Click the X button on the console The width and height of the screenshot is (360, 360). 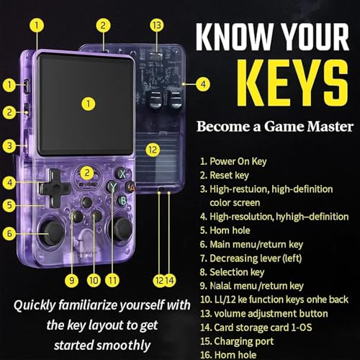click(122, 174)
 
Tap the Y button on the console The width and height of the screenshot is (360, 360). click(112, 186)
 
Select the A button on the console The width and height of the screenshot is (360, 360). click(130, 186)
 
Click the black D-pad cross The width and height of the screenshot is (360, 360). click(55, 188)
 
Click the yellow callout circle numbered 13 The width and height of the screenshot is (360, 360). click(157, 25)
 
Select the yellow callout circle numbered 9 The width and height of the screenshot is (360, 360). click(71, 280)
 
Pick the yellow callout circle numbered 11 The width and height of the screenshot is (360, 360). click(112, 280)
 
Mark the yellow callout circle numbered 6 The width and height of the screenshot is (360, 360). click(9, 233)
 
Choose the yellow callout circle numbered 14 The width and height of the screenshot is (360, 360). click(169, 280)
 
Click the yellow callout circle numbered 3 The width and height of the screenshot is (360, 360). click(9, 145)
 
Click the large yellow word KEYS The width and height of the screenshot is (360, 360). click(292, 83)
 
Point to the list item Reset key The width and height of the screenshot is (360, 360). click(225, 175)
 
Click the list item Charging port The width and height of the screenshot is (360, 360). click(237, 341)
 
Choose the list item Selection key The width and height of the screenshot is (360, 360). click(233, 272)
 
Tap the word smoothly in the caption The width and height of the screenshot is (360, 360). click(124, 346)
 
